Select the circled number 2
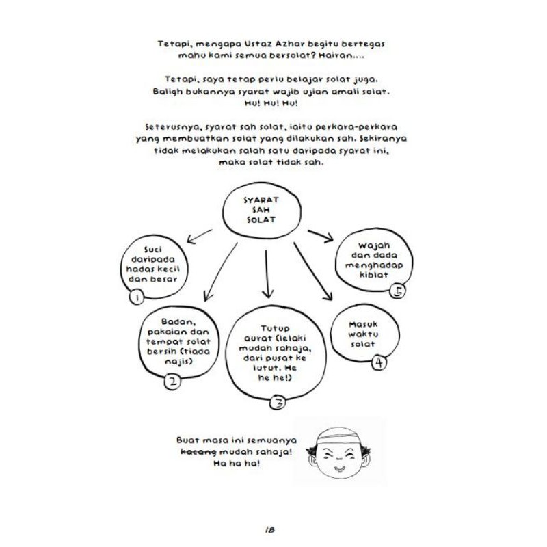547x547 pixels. pyautogui.click(x=172, y=382)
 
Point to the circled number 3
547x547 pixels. pyautogui.click(x=278, y=403)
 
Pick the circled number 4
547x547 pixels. pyautogui.click(x=379, y=362)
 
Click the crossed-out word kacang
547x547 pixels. pyautogui.click(x=198, y=452)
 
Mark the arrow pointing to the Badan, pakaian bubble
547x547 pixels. pyautogui.click(x=219, y=273)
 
